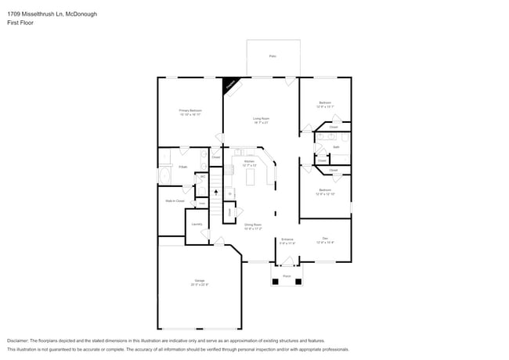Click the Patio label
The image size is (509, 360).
(x=273, y=56)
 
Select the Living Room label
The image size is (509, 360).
(x=261, y=121)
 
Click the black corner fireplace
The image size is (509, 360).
(x=231, y=85)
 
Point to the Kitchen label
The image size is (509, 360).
(x=249, y=163)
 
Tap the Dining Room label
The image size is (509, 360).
(x=252, y=226)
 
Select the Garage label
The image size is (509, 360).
(x=190, y=283)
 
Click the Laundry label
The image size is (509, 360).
(x=197, y=225)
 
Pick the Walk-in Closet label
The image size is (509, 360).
(x=175, y=201)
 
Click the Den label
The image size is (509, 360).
(x=325, y=239)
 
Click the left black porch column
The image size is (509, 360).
(x=275, y=282)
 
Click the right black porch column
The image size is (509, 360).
(x=298, y=282)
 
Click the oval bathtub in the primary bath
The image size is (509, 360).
(x=165, y=176)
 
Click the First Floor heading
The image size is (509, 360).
(x=21, y=23)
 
